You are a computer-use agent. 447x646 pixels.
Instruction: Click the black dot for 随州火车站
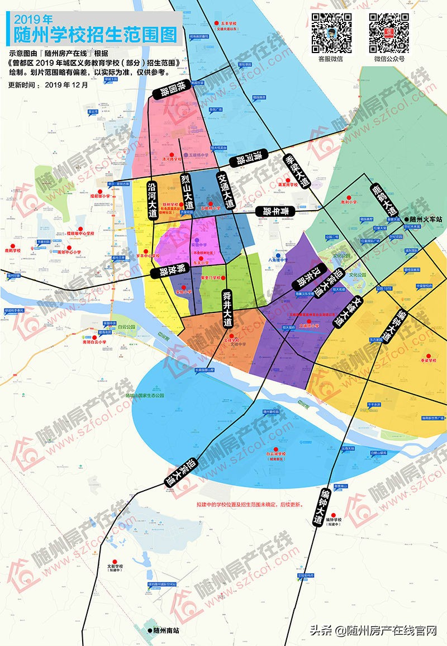point(406,220)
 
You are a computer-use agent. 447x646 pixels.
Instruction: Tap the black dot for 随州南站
point(149,630)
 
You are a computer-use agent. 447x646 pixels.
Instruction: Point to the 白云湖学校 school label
point(276,454)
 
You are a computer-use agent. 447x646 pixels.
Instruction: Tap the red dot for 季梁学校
point(429,356)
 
